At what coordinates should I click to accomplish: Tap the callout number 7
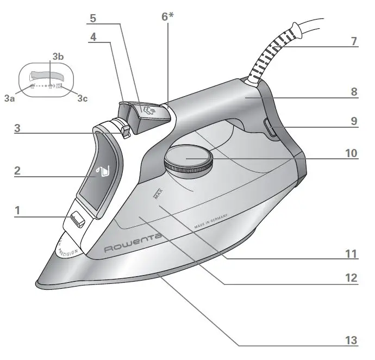pyautogui.click(x=354, y=41)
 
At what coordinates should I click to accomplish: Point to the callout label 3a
pyautogui.click(x=9, y=98)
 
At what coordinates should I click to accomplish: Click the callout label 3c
pyautogui.click(x=83, y=98)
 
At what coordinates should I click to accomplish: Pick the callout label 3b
pyautogui.click(x=58, y=57)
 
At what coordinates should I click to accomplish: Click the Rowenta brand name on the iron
pyautogui.click(x=133, y=243)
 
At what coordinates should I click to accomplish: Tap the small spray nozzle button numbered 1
pyautogui.click(x=78, y=219)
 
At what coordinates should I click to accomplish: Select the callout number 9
pyautogui.click(x=354, y=122)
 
